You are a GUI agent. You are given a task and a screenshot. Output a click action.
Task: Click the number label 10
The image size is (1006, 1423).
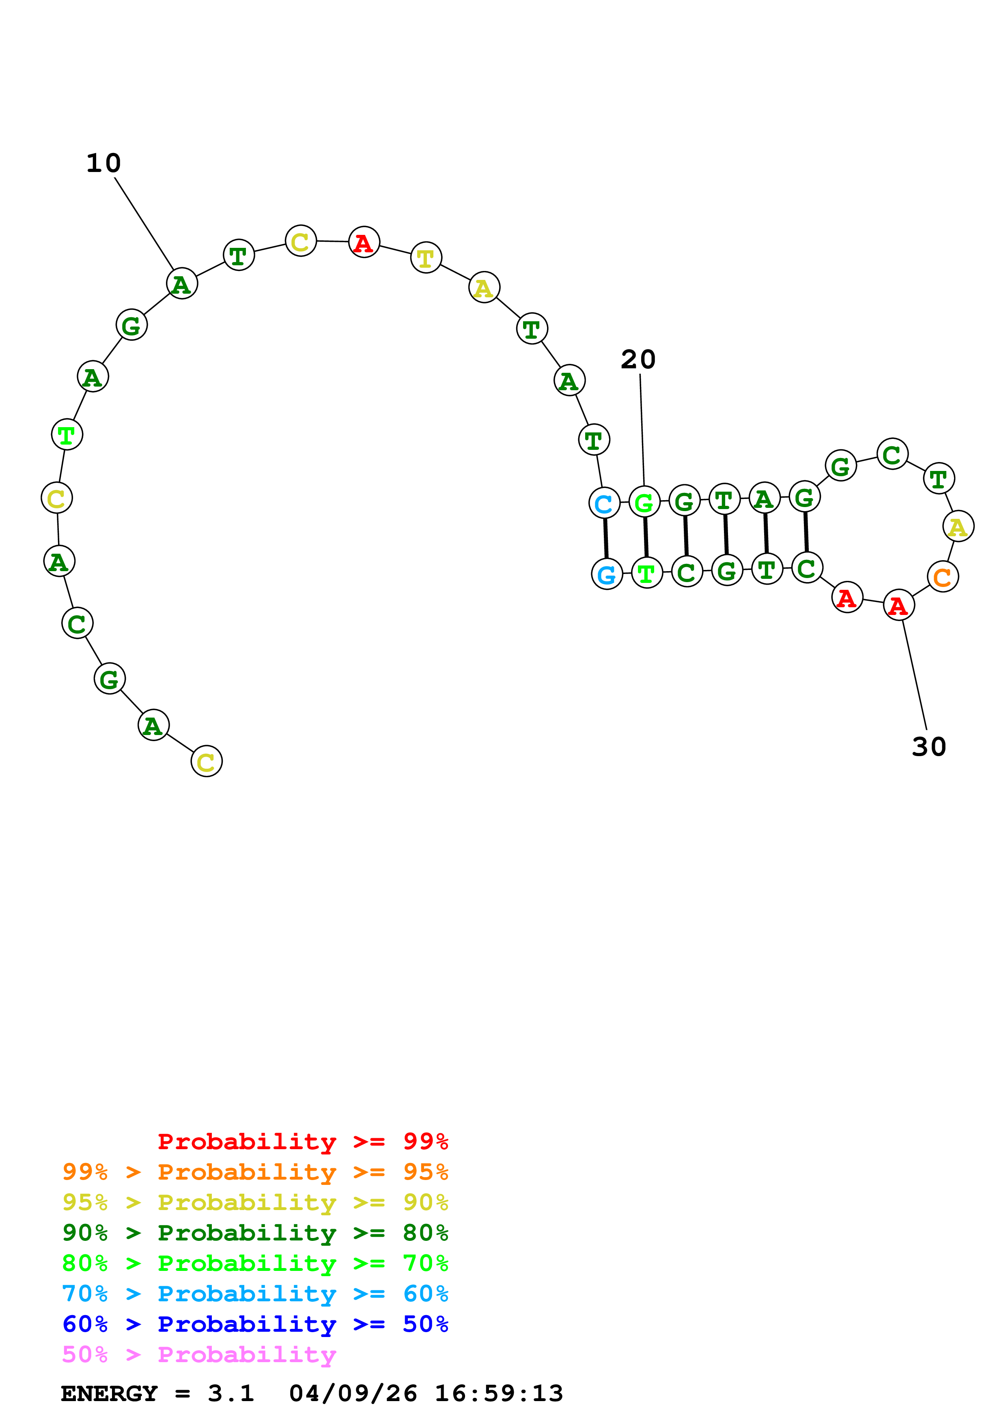click(103, 163)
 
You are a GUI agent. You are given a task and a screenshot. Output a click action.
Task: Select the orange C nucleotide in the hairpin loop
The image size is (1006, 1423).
click(942, 577)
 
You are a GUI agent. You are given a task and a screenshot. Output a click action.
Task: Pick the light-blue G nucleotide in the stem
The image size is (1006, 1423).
click(606, 574)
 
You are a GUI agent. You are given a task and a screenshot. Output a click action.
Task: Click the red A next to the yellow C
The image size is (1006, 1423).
click(364, 242)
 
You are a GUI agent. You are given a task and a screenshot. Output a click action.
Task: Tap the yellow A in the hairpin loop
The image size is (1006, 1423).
click(958, 527)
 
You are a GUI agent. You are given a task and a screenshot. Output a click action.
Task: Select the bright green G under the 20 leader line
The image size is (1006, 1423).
click(644, 502)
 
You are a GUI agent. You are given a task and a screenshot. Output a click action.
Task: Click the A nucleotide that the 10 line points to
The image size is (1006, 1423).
click(182, 284)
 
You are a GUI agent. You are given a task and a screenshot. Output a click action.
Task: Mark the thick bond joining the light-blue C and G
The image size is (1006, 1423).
click(605, 538)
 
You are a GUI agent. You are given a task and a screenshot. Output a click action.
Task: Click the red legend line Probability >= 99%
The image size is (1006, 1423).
click(302, 1141)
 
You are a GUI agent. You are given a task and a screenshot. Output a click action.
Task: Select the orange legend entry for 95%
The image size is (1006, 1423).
click(255, 1172)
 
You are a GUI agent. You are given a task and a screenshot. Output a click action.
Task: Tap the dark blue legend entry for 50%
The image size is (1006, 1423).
click(255, 1324)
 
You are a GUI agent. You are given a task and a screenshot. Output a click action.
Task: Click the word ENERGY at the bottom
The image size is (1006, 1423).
click(109, 1393)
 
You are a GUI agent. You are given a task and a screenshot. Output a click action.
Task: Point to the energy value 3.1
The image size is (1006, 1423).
click(230, 1393)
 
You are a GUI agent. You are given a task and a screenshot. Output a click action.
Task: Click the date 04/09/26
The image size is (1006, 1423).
click(353, 1393)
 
